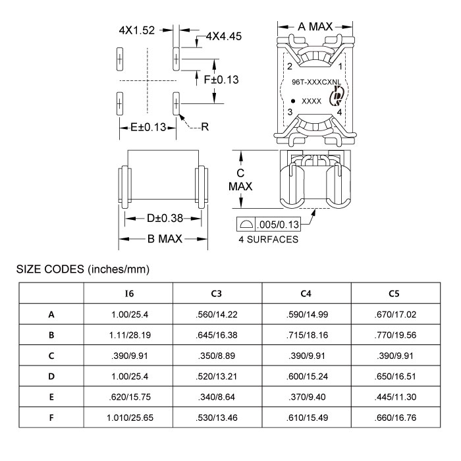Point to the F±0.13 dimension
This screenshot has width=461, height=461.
click(221, 80)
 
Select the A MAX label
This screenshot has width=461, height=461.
click(315, 26)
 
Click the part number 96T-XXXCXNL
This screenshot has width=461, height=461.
click(315, 83)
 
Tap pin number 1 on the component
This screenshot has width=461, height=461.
click(340, 67)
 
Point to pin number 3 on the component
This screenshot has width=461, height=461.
click(289, 113)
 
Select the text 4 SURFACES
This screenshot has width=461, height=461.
click(268, 240)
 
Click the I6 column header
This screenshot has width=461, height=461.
click(129, 292)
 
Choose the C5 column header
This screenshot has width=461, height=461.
click(396, 292)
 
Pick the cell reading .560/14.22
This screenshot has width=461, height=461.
click(218, 314)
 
